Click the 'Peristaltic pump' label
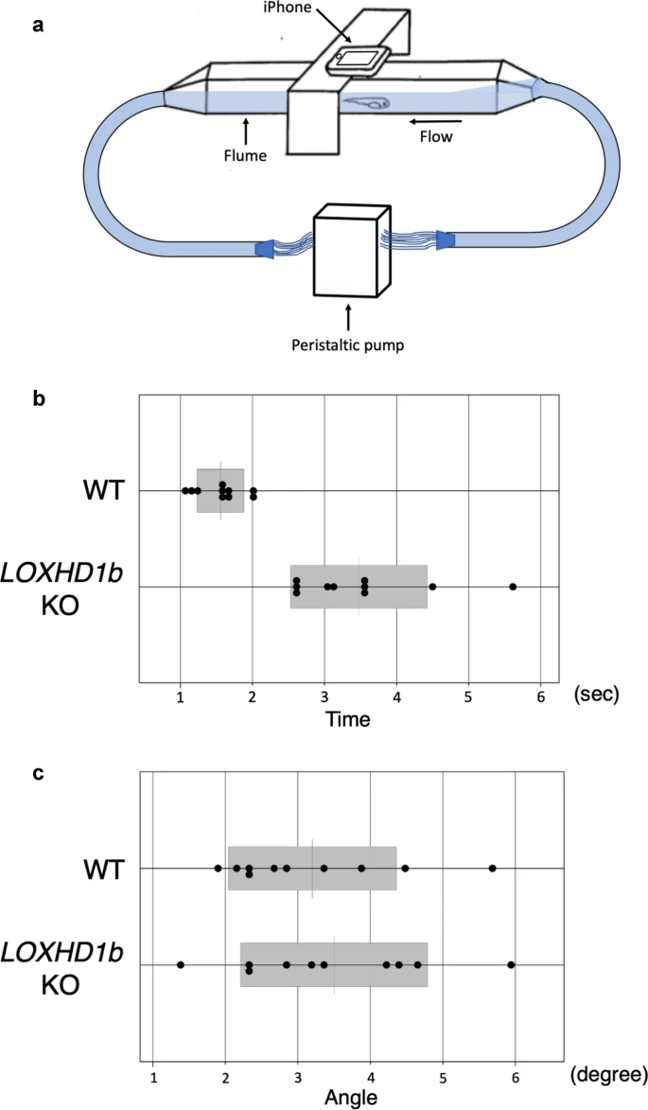[348, 346]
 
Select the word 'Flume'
[245, 154]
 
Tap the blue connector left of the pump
[265, 249]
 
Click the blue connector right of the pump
[445, 240]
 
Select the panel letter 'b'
[40, 398]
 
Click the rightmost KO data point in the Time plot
[513, 586]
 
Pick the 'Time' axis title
[348, 719]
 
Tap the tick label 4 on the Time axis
[397, 696]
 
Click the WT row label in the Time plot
[104, 490]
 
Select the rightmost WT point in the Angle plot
[492, 868]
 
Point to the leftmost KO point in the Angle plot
[181, 964]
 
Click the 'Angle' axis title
[351, 1097]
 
